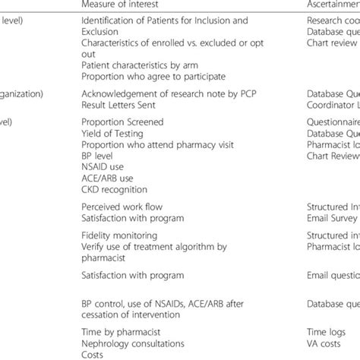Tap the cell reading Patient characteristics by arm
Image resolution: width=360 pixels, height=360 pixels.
(132, 66)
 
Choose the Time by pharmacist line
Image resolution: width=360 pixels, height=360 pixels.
(122, 324)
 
